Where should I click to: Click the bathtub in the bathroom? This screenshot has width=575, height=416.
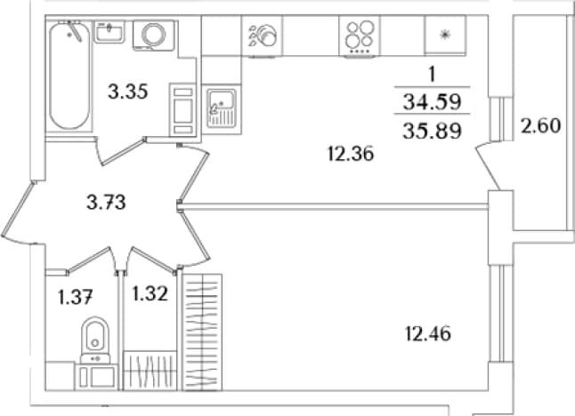(x=69, y=75)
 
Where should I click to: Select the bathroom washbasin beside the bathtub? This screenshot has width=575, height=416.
(x=109, y=32)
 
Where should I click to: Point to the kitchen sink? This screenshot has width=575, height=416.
(x=221, y=108)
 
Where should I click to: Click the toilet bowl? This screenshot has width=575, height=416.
(x=95, y=337)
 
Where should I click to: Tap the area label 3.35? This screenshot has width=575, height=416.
(x=128, y=92)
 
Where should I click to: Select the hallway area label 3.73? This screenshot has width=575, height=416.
(x=106, y=202)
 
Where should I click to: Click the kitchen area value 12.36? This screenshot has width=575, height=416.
(x=351, y=154)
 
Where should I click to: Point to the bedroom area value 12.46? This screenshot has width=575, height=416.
(x=428, y=334)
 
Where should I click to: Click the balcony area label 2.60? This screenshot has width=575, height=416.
(x=541, y=126)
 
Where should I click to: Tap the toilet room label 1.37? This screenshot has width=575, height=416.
(x=75, y=297)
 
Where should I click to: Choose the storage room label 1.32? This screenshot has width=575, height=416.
(x=150, y=293)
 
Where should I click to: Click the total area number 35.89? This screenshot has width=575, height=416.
(x=432, y=131)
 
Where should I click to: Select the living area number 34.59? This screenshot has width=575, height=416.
(x=432, y=102)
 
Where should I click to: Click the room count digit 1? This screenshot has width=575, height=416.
(x=433, y=75)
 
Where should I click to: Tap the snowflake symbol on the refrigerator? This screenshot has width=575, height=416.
(x=445, y=35)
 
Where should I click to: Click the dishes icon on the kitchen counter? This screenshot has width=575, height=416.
(x=263, y=35)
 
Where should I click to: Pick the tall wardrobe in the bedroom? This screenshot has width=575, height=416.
(x=202, y=332)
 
